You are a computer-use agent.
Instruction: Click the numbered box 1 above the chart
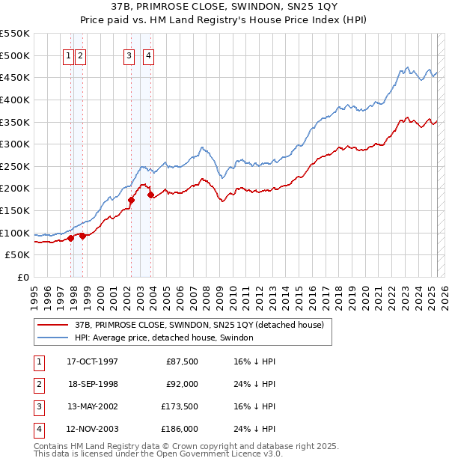[x=68, y=55]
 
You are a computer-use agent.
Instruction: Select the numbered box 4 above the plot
[x=149, y=55]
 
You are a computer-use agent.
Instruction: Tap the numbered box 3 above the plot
[x=129, y=55]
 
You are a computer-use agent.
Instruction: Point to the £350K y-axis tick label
[x=15, y=122]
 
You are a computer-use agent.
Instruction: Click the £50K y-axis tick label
[x=18, y=255]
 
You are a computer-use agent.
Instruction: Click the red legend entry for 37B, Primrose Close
[x=198, y=325]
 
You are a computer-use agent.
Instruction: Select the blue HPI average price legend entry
[x=164, y=338]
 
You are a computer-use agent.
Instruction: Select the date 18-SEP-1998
[x=92, y=384]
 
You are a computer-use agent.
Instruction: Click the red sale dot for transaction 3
[x=131, y=200]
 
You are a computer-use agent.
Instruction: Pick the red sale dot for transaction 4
[x=151, y=195]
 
